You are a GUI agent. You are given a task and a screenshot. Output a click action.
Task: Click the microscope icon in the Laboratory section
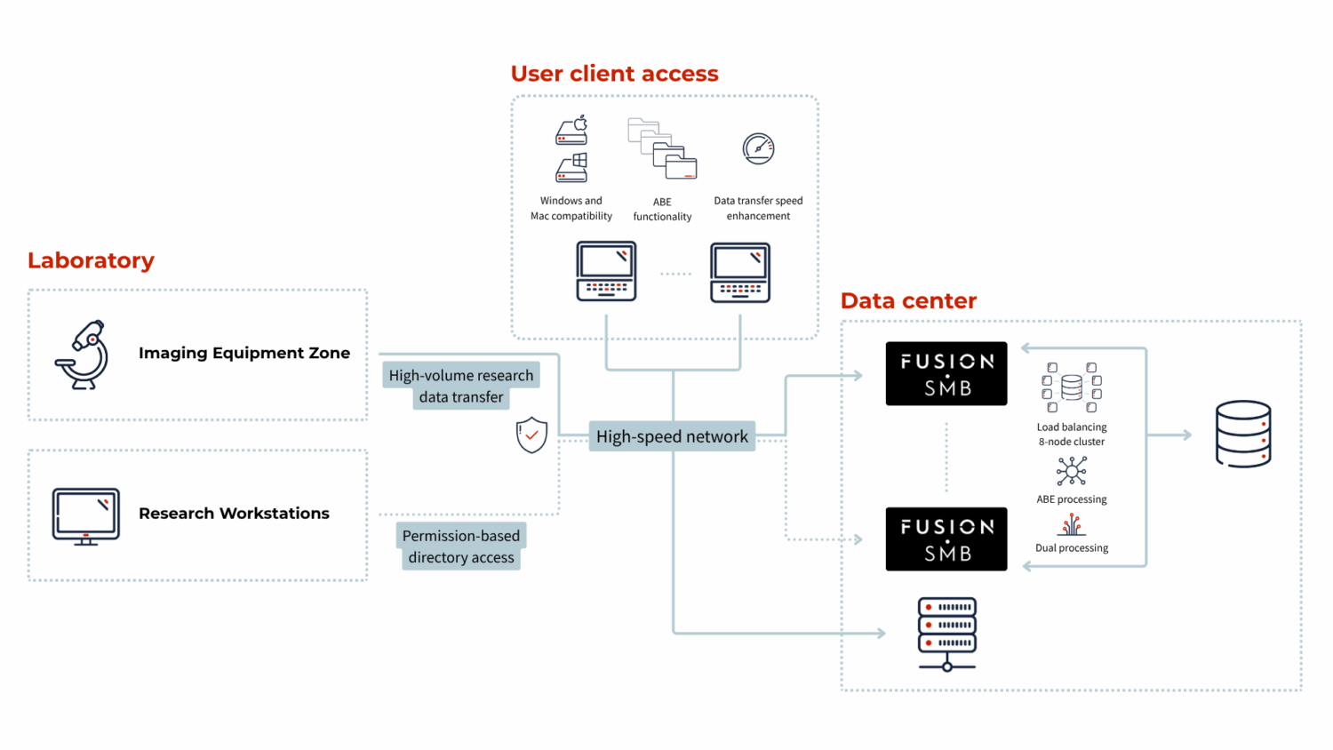(83, 355)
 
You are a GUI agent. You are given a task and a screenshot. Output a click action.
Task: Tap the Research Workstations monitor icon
(85, 515)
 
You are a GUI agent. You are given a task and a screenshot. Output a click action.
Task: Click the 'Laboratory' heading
(91, 260)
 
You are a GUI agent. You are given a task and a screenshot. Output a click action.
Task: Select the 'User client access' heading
(614, 74)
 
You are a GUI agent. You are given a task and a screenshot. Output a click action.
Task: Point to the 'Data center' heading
(908, 301)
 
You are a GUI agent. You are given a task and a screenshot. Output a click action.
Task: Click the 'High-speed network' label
(672, 436)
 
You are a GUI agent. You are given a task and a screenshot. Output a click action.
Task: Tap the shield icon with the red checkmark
(531, 435)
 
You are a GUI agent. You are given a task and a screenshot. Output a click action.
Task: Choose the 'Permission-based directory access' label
(460, 547)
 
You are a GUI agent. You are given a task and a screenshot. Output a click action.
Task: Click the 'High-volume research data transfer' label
(461, 386)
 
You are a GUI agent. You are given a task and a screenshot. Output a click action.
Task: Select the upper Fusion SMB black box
(946, 373)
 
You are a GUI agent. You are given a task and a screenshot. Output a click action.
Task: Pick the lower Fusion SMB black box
(946, 539)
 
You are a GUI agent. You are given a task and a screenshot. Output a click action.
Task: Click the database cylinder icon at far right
(1242, 434)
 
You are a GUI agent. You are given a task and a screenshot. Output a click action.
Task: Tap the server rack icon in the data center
(947, 633)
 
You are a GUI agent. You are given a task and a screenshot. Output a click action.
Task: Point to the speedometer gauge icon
(758, 148)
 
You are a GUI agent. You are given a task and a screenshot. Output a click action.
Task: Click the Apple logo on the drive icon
(580, 123)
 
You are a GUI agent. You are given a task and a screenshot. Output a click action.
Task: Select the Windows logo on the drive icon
(579, 160)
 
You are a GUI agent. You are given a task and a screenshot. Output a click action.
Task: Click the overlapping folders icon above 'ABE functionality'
(662, 148)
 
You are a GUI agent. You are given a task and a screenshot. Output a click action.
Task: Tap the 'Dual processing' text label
(1071, 548)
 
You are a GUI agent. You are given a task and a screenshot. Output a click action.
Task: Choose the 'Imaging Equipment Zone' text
(244, 353)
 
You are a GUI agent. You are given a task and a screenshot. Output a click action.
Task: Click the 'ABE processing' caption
(1071, 499)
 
